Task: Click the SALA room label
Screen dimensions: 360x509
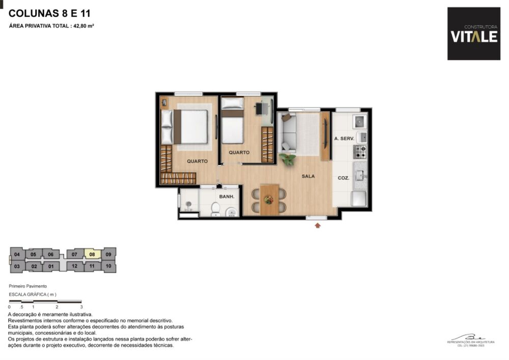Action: (308, 176)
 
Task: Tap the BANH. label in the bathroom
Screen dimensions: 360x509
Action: (226, 196)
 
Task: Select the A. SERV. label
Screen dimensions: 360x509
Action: (344, 139)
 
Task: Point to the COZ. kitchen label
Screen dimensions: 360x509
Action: (343, 178)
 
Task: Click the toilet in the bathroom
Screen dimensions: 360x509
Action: (215, 209)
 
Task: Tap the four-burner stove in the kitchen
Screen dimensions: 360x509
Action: (360, 151)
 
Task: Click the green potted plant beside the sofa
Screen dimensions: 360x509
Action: (288, 159)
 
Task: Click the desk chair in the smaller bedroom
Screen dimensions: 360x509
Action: (269, 108)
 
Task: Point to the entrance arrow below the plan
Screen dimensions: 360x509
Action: (318, 225)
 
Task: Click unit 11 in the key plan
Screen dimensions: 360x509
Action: (92, 266)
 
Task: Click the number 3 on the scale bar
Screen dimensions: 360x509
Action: (81, 307)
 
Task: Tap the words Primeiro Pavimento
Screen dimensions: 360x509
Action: (27, 287)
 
